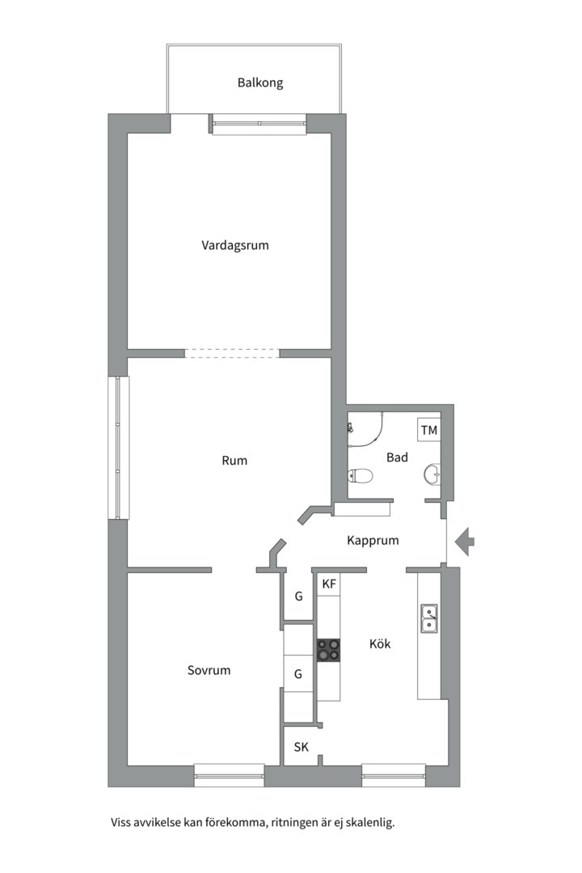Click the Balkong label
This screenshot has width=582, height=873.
[260, 83]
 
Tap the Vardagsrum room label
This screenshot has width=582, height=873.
[235, 245]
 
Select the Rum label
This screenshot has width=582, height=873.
[234, 461]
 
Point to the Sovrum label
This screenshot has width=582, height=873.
[209, 670]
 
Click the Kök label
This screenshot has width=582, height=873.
[380, 643]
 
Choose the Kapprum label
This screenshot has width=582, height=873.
[373, 541]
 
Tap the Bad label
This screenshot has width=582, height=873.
[397, 457]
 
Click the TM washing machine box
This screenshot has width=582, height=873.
[429, 430]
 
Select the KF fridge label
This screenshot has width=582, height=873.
[329, 584]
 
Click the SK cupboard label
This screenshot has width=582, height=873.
[302, 747]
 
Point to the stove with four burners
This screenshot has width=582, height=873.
[329, 650]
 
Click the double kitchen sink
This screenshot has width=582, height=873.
[429, 618]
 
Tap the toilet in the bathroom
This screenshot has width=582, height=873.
[360, 476]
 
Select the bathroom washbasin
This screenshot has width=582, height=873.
[432, 474]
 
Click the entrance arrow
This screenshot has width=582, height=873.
[464, 541]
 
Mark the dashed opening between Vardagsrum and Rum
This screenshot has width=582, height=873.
[232, 353]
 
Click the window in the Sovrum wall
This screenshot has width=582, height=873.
[229, 775]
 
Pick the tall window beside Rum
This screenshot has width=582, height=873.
[119, 448]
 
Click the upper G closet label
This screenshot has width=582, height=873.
[298, 597]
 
